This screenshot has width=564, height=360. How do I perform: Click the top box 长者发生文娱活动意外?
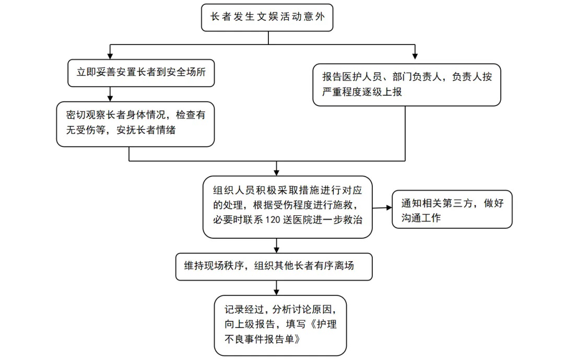point(267,17)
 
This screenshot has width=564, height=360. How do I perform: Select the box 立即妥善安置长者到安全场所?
point(141,73)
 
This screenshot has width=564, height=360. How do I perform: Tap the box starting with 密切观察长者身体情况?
point(135,124)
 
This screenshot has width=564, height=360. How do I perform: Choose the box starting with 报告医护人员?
point(406,85)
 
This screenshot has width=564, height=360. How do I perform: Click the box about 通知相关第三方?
point(452,209)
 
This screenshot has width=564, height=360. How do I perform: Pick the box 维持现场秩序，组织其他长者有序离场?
point(274,267)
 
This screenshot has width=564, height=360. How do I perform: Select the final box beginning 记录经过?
point(280,326)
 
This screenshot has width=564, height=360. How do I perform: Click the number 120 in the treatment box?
point(272,220)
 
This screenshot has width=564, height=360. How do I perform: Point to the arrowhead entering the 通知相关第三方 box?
point(389,208)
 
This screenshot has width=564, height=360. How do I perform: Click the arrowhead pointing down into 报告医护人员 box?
point(415,56)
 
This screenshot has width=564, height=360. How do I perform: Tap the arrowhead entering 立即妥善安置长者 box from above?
point(110,56)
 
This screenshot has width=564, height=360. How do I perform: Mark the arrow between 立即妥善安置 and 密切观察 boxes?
point(110,94)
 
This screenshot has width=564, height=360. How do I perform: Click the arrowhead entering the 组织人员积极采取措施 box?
point(276,173)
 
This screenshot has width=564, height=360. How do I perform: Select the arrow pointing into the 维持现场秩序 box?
point(276,246)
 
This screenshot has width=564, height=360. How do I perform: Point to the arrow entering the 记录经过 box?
point(276,288)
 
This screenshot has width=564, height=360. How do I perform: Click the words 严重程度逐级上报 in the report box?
point(362,92)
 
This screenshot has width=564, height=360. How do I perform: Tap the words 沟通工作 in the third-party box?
point(421,218)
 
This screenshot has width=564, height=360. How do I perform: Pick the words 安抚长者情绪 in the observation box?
point(146,130)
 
